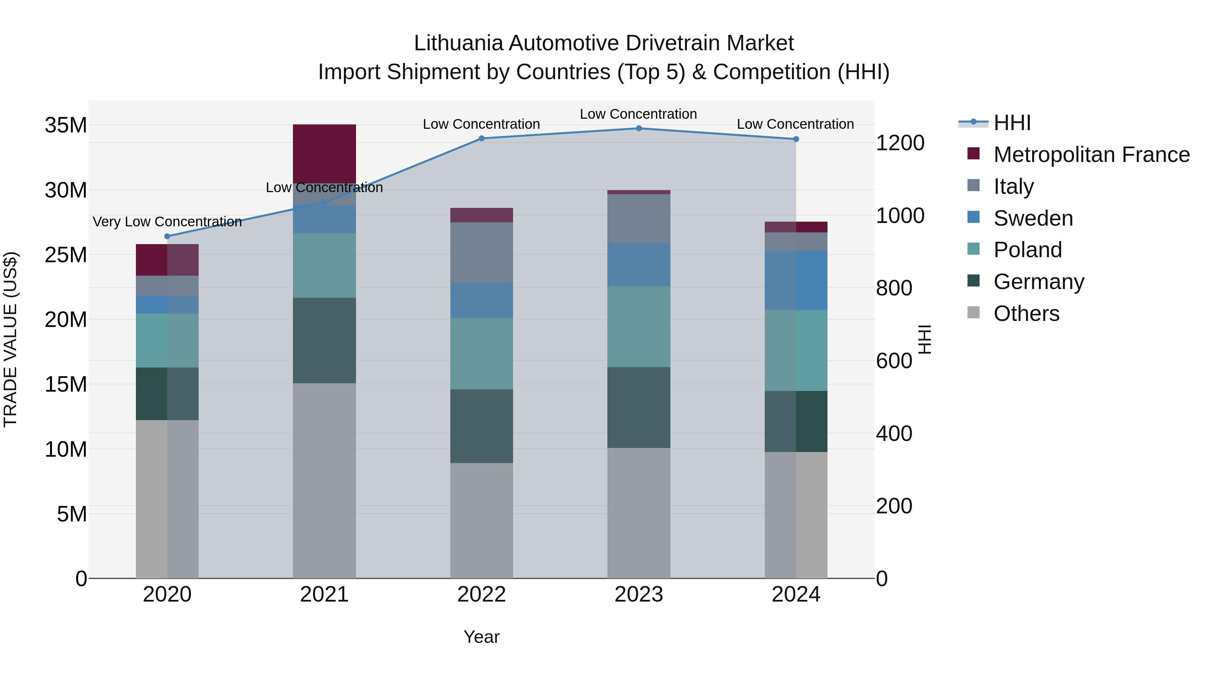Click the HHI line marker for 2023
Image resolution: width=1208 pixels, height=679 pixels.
638,128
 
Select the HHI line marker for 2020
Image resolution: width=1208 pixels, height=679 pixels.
167,236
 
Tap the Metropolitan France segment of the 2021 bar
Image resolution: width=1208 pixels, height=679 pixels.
324,154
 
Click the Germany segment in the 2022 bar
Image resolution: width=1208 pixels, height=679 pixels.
481,426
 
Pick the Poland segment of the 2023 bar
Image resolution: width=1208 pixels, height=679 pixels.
638,327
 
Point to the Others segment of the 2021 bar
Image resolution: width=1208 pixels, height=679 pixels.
324,480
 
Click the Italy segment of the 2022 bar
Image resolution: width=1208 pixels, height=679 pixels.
481,252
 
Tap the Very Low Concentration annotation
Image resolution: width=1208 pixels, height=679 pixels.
167,222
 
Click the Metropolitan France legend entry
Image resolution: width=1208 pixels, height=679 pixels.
1091,155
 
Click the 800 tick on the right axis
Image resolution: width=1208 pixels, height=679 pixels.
894,288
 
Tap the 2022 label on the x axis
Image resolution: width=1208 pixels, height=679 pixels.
481,595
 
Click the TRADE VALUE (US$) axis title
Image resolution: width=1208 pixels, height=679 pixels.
10,339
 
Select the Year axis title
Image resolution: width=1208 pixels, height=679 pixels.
481,637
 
